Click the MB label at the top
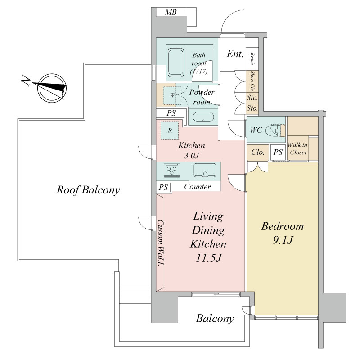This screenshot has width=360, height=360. [x=171, y=12]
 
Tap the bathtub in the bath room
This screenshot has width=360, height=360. [x=176, y=63]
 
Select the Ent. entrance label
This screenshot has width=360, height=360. [x=235, y=54]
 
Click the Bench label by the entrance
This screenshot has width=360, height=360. [x=252, y=59]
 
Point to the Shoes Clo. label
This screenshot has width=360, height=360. [x=252, y=81]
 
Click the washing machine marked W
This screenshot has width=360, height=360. [x=172, y=95]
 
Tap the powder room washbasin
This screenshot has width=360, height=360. [x=203, y=117]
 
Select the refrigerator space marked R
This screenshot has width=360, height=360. [x=170, y=130]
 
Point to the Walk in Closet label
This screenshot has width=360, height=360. [x=298, y=148]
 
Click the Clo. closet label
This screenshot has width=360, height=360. [x=257, y=152]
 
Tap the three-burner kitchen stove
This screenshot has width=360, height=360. [x=172, y=171]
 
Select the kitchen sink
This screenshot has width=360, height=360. [x=205, y=170]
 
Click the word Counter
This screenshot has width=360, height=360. [x=197, y=187]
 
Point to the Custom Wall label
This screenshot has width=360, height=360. [x=161, y=243]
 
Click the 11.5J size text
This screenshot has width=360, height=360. [x=208, y=258]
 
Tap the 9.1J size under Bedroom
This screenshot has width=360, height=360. [x=283, y=240]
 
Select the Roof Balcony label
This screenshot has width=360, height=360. [x=88, y=190]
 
